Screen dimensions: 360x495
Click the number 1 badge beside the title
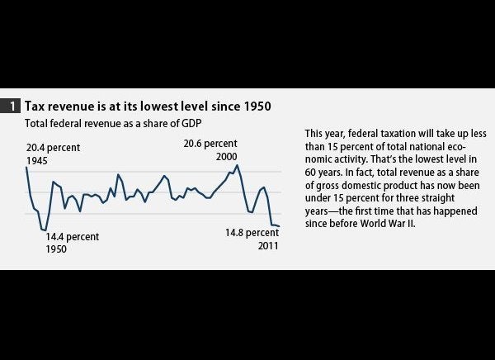tap(14, 107)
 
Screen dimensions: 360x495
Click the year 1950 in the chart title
tap(255, 107)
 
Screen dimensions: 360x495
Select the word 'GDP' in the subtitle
tap(192, 123)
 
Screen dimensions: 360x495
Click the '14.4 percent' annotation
tap(73, 237)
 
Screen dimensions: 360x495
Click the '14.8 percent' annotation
tap(252, 234)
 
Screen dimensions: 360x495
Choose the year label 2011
tap(268, 245)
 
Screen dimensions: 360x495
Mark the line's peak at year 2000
tap(238, 166)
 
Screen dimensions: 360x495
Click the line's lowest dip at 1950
tap(45, 230)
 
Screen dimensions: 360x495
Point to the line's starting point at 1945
tap(27, 168)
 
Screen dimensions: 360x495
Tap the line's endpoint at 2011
tap(280, 226)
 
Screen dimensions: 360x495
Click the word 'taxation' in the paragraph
tap(385, 133)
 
